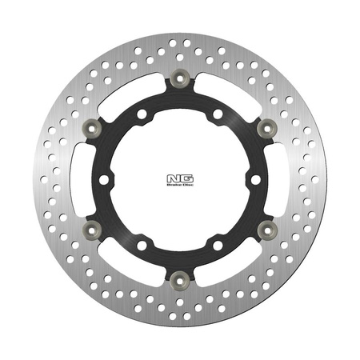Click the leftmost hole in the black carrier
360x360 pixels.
pyautogui.click(x=103, y=178)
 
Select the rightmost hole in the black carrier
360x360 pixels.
pyautogui.click(x=255, y=178)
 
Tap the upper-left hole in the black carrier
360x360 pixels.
pyautogui.click(x=142, y=114)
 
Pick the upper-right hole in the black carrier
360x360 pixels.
pyautogui.click(x=217, y=114)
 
